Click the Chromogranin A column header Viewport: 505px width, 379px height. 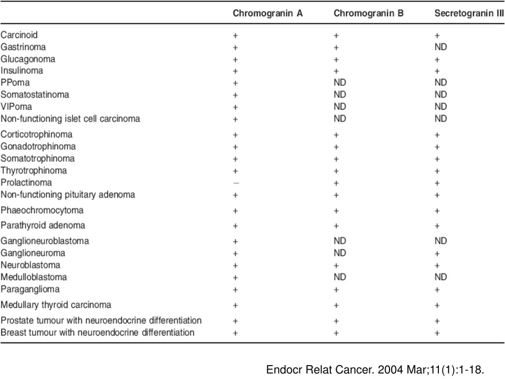268,14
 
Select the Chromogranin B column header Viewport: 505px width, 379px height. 368,14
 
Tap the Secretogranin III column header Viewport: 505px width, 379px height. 469,14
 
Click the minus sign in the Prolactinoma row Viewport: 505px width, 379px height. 236,183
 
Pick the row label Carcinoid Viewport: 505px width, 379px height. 19,35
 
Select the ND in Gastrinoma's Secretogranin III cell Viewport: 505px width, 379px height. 440,47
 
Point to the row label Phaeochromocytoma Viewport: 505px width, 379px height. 42,211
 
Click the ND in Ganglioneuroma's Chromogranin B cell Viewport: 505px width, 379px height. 340,253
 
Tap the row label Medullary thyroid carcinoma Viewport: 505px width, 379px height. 56,304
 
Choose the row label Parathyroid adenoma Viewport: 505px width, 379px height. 43,226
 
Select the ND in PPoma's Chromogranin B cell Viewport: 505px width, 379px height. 340,83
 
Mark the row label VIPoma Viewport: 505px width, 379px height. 17,107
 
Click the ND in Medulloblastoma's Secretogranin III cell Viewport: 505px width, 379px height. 440,277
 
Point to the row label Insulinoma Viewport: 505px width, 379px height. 22,71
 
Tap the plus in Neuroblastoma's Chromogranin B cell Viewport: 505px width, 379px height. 336,265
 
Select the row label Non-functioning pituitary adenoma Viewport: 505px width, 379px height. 68,194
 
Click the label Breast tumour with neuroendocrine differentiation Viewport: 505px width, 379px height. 97,332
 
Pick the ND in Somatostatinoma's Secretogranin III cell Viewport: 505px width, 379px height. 440,95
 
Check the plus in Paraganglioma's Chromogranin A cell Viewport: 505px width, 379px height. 236,289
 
